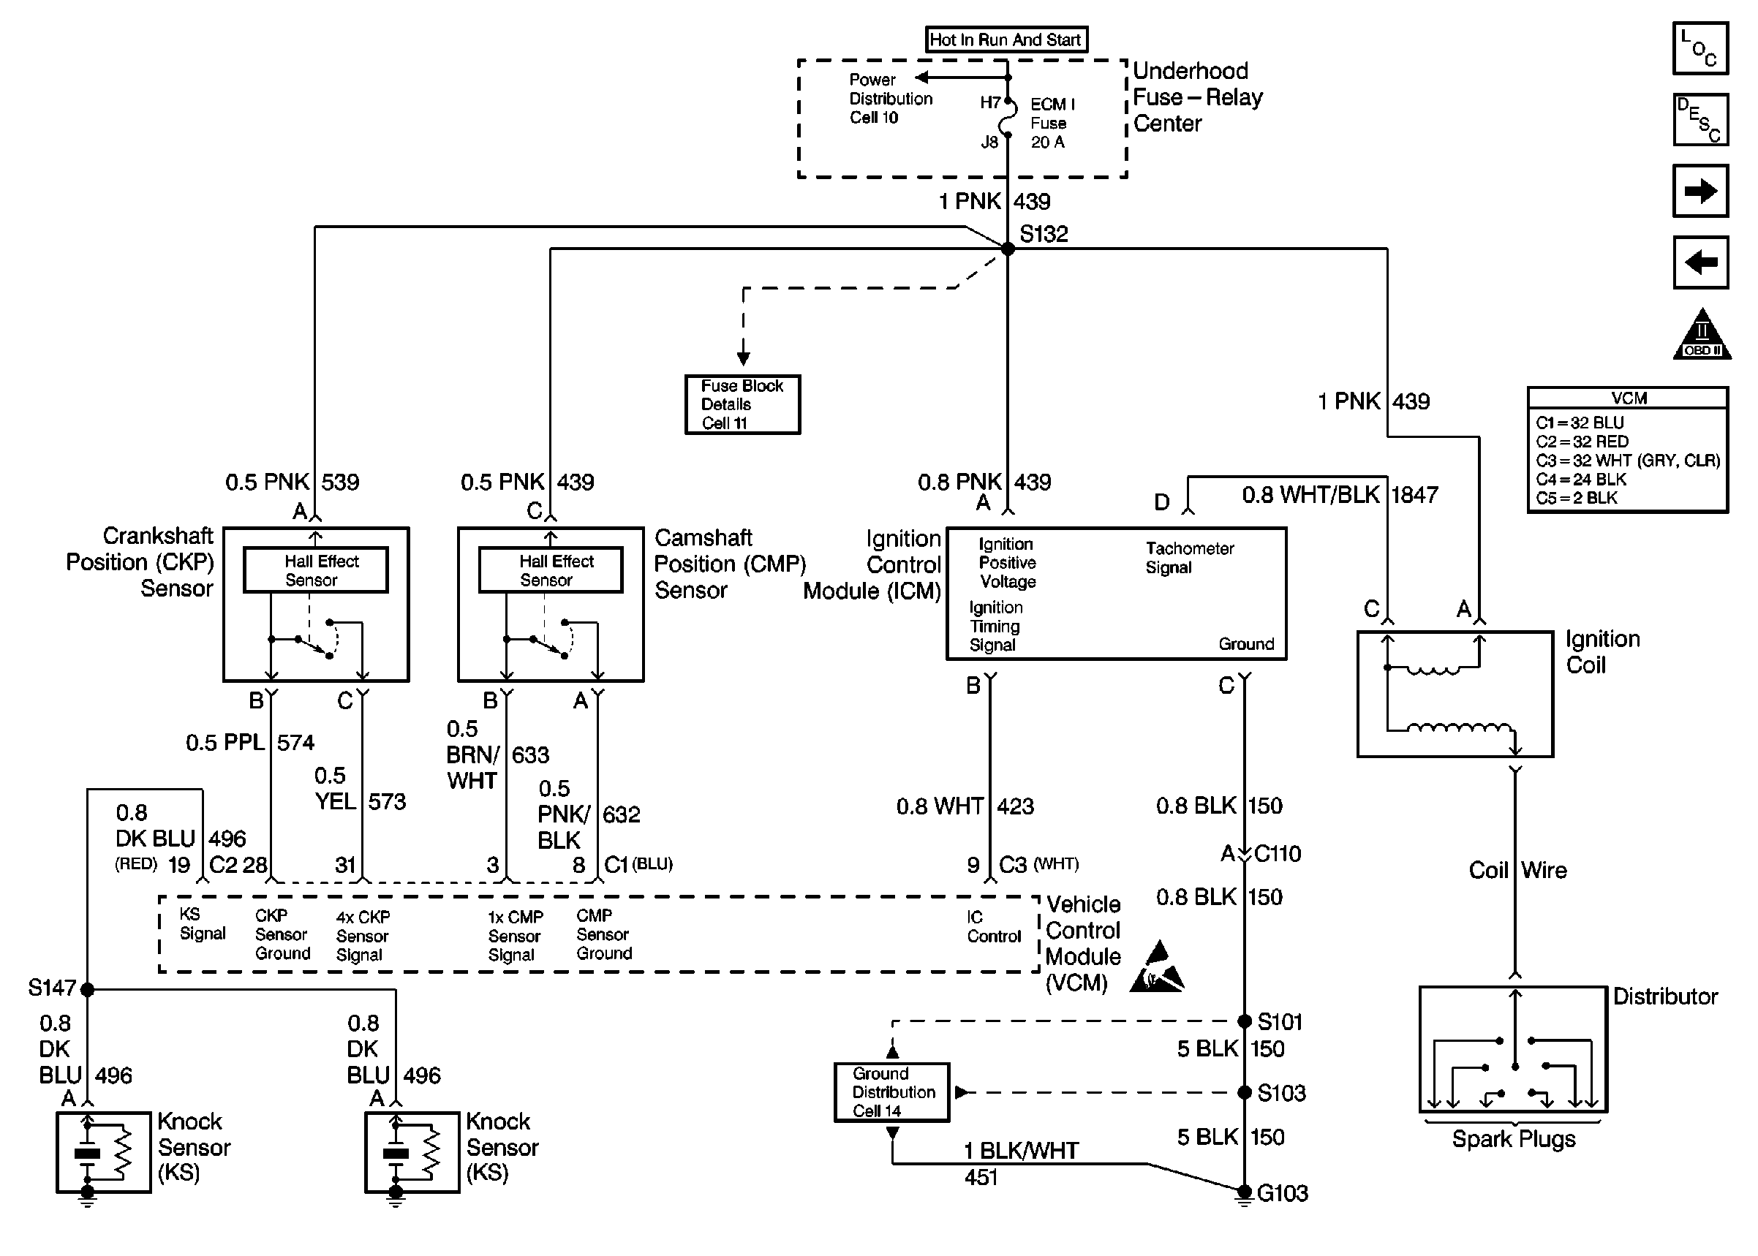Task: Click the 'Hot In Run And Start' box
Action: [1006, 39]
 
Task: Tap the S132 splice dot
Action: [1008, 249]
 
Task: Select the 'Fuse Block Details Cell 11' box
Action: [742, 404]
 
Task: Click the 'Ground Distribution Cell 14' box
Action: [891, 1092]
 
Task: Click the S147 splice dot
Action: [88, 989]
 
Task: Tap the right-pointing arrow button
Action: [1700, 190]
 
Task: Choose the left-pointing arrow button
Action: [1700, 262]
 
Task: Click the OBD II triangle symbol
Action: [1702, 336]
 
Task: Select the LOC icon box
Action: [1700, 48]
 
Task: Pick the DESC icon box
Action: [1700, 120]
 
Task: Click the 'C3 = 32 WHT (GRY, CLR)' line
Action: [1627, 460]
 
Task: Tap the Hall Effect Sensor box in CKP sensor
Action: [316, 570]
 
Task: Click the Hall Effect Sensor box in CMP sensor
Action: [551, 570]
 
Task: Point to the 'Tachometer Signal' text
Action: [1189, 558]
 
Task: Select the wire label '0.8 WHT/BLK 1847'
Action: [1339, 495]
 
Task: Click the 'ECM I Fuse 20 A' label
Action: [1051, 123]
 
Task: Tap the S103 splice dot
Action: [1245, 1093]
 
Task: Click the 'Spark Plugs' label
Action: [1513, 1139]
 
